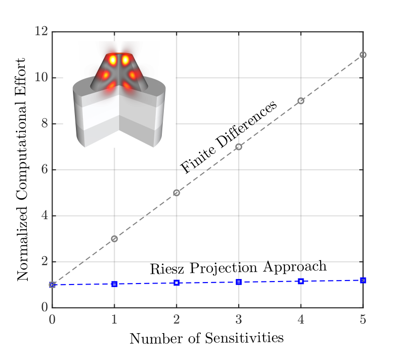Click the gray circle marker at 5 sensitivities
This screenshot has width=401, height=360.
[363, 55]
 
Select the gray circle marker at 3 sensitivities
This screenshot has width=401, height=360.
[239, 147]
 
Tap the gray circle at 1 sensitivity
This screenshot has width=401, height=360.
[115, 239]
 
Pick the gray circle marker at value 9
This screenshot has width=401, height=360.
[301, 101]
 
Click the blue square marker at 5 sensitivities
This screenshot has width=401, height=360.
[363, 281]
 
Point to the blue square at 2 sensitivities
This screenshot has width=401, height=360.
[177, 283]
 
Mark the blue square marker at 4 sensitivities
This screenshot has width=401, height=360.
[301, 282]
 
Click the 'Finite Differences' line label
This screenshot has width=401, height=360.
[228, 138]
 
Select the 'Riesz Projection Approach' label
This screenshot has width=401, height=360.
[238, 267]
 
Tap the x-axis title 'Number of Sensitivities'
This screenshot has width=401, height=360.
[206, 339]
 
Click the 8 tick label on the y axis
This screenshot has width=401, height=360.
[44, 124]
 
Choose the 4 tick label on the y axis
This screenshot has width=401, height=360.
[44, 216]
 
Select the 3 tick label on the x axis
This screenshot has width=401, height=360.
[239, 320]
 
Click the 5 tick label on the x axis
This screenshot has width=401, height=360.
[363, 320]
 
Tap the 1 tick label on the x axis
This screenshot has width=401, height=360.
[115, 320]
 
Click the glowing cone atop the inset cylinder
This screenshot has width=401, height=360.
[120, 72]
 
